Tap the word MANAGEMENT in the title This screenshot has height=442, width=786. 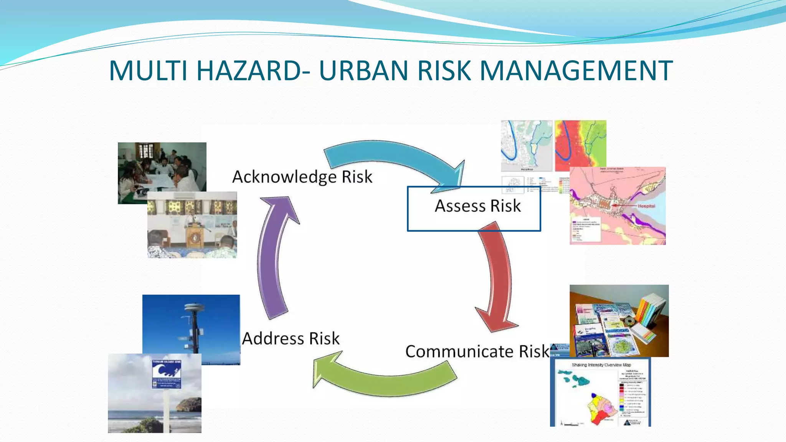click(576, 71)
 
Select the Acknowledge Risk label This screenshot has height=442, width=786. click(302, 177)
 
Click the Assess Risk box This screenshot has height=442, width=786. click(474, 208)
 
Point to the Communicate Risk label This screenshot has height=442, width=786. click(477, 351)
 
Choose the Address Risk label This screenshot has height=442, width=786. click(291, 338)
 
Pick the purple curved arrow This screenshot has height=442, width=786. click(272, 257)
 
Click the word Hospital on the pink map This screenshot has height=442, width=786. click(646, 206)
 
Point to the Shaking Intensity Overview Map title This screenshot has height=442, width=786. click(601, 365)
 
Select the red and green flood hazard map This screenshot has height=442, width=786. click(580, 146)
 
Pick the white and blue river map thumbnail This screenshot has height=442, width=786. click(526, 146)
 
